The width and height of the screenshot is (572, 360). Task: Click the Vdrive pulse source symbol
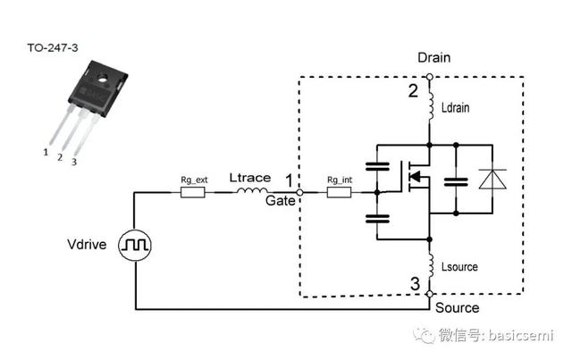[x=135, y=245]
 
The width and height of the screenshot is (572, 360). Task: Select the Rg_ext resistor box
[x=193, y=192]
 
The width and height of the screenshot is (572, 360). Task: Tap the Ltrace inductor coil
[x=252, y=190]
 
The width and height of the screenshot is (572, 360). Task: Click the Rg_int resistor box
[x=339, y=192]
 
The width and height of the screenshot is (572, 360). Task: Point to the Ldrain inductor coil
[x=431, y=105]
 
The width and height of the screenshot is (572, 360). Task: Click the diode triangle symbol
[x=492, y=179]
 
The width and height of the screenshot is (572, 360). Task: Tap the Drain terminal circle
[x=430, y=77]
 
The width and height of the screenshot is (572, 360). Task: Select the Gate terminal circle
[x=299, y=192]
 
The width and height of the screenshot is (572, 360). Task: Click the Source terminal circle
[x=430, y=294]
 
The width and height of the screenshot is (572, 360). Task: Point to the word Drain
[x=433, y=58]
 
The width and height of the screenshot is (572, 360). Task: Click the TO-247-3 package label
[x=53, y=47]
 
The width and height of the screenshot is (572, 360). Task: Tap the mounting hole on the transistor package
[x=103, y=78]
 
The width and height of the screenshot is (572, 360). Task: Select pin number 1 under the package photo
[x=46, y=152]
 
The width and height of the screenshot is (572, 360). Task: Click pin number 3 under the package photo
[x=74, y=162]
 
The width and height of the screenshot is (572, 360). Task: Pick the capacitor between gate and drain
[x=377, y=166]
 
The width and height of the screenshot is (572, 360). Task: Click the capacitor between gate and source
[x=377, y=219]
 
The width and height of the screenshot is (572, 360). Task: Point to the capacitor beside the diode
[x=456, y=182]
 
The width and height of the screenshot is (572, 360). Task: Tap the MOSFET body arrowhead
[x=415, y=177]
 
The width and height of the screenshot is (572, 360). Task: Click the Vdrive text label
[x=87, y=245]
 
